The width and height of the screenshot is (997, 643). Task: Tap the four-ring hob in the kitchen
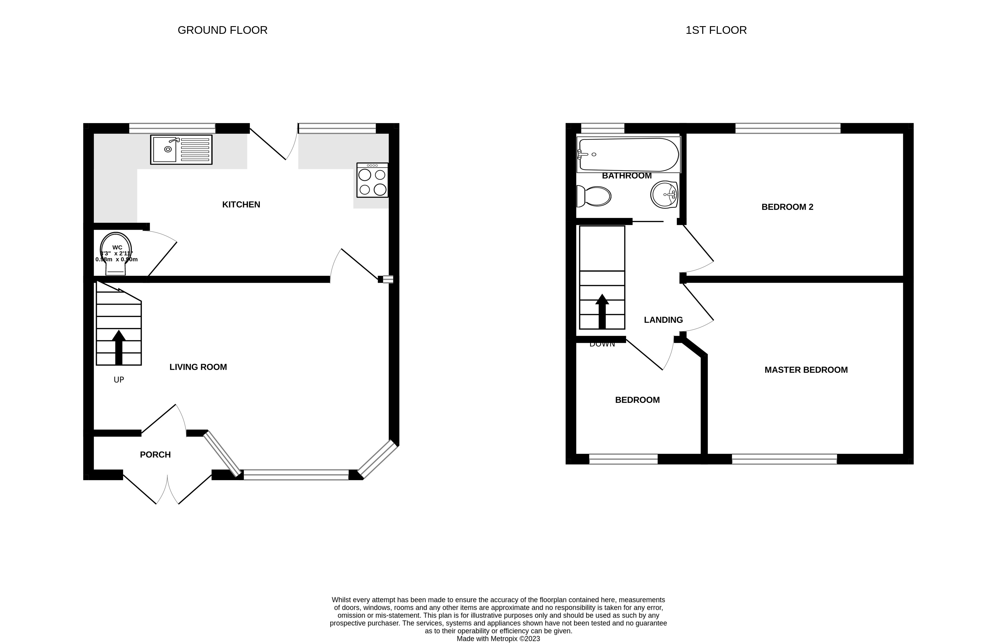[x=372, y=181]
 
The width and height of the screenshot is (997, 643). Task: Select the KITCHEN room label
[x=241, y=205]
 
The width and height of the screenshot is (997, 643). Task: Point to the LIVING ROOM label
[x=198, y=367]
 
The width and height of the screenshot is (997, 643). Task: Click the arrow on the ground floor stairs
[x=119, y=347]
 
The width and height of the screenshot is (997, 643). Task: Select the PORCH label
[x=155, y=455]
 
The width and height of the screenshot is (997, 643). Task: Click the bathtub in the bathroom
[x=628, y=154]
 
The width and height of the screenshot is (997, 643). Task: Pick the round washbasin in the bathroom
[x=664, y=194]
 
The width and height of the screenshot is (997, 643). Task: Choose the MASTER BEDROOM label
[x=806, y=370]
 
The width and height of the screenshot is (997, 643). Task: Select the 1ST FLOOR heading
[x=716, y=30]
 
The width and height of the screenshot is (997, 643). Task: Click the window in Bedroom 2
[x=787, y=128]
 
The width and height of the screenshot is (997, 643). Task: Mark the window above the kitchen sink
[x=172, y=128]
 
